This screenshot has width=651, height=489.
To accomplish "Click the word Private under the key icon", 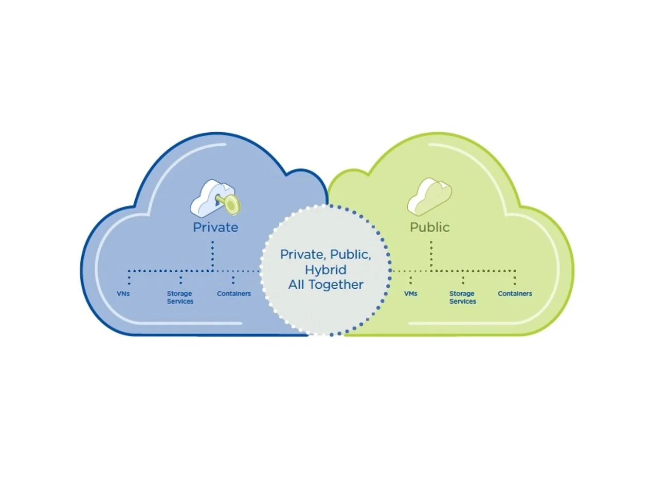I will (215, 227).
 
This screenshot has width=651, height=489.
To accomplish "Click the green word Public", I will (429, 227).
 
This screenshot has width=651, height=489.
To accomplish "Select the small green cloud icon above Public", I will (429, 197).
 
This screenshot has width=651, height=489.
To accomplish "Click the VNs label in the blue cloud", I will (123, 294).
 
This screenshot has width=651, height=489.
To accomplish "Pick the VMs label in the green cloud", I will (410, 294).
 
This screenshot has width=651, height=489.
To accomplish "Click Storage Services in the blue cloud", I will (180, 298).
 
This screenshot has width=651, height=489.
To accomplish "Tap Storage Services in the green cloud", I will (462, 298).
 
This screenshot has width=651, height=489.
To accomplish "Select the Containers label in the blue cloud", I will (234, 294).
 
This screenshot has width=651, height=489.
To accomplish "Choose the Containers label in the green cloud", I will (515, 294).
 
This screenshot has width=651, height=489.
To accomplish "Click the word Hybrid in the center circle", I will (325, 270).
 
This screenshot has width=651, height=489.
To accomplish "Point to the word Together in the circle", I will (340, 285).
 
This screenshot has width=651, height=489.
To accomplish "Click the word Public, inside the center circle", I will (350, 254).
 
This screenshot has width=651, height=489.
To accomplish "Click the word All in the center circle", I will (297, 285).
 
